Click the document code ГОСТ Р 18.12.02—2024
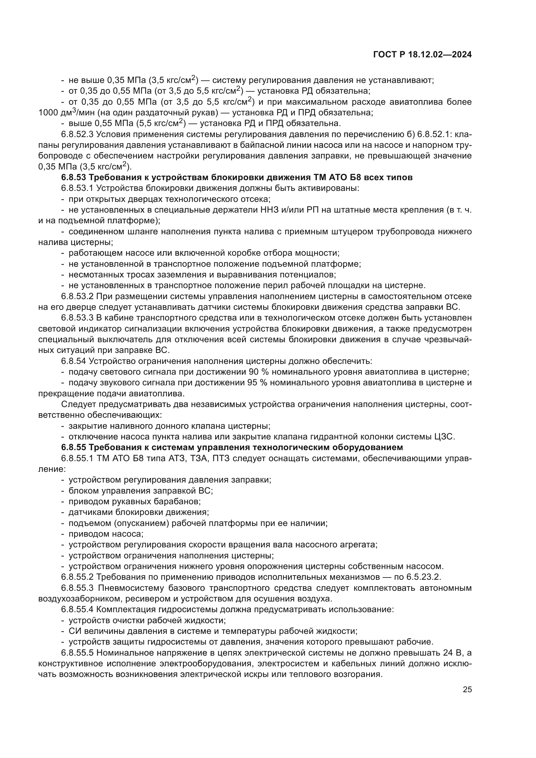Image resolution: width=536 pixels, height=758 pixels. [422, 55]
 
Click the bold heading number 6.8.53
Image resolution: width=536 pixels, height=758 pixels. [73, 178]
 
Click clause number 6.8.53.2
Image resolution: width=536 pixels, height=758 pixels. [77, 296]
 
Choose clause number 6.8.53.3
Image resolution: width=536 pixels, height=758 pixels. [77, 318]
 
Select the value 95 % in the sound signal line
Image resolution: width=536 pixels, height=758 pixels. [258, 383]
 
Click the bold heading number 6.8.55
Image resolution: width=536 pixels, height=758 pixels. [73, 447]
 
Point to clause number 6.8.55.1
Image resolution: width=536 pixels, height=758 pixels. [77, 458]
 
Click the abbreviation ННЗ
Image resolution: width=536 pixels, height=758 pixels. [256, 210]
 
